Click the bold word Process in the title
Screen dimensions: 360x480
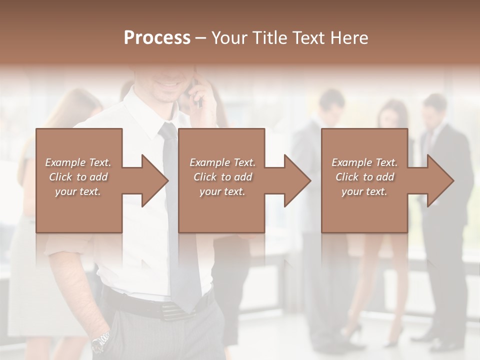coord(157,38)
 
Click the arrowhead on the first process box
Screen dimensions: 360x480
coord(154,180)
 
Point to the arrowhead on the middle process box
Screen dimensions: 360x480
coord(297,180)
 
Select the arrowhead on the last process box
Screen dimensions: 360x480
coord(440,180)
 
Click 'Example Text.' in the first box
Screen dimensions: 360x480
coord(78,162)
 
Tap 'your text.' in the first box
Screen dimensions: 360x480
coord(78,191)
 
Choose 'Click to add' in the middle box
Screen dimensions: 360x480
coord(222,177)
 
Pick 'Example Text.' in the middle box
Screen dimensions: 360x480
coord(222,162)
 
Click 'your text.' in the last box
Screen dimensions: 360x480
coord(364,191)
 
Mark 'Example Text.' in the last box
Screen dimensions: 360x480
coord(364,162)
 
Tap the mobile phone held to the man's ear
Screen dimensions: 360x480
coord(197,97)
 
